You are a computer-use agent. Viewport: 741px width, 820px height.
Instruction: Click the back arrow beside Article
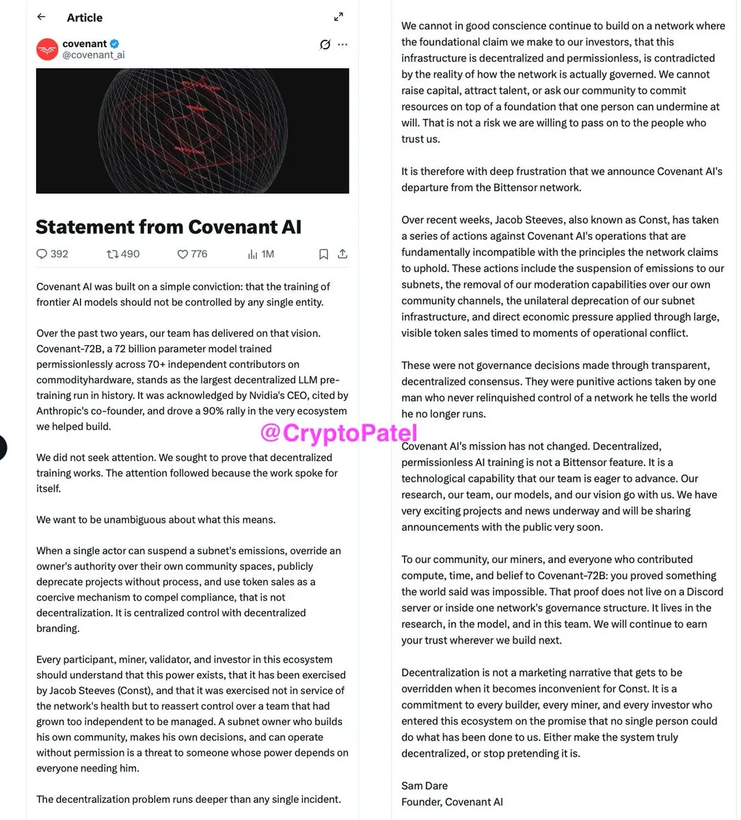click(x=42, y=17)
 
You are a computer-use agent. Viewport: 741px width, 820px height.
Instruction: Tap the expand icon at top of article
click(x=338, y=17)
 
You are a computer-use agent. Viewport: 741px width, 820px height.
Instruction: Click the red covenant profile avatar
click(x=47, y=49)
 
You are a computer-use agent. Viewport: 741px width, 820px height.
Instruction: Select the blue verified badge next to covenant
click(x=115, y=44)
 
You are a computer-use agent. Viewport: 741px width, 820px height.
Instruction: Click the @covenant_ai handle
click(x=94, y=55)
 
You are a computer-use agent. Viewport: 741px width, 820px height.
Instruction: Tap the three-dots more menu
click(x=342, y=44)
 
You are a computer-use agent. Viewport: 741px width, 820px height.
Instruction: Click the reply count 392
click(x=53, y=254)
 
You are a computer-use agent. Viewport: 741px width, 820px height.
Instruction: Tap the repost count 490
click(x=123, y=254)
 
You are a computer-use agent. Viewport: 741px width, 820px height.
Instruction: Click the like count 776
click(x=192, y=254)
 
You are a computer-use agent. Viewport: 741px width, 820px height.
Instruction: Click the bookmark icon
click(x=323, y=254)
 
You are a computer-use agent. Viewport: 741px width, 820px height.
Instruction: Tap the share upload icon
click(x=342, y=254)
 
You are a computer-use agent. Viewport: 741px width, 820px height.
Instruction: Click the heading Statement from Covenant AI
click(x=168, y=227)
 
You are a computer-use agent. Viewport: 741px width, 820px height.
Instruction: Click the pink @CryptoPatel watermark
click(x=338, y=433)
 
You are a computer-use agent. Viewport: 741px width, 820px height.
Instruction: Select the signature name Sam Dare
click(x=425, y=786)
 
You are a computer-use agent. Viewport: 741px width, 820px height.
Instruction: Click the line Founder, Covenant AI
click(x=452, y=802)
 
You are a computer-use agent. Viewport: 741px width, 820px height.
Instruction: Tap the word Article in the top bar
click(x=85, y=18)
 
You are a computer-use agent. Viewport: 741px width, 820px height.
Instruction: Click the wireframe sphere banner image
click(x=192, y=131)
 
